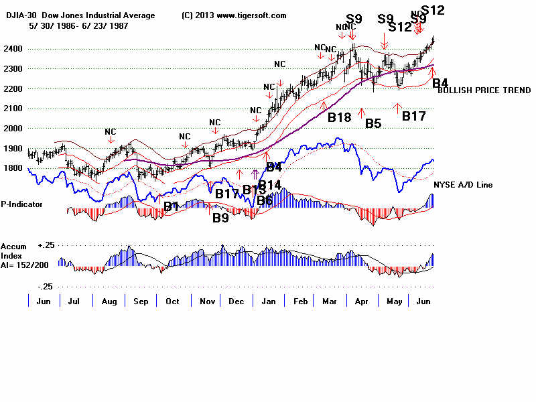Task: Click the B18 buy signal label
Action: click(x=340, y=117)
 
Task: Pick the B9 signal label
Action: click(x=220, y=218)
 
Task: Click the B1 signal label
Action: click(x=172, y=207)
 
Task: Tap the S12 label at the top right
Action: click(x=432, y=10)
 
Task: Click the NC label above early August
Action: click(x=110, y=131)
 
